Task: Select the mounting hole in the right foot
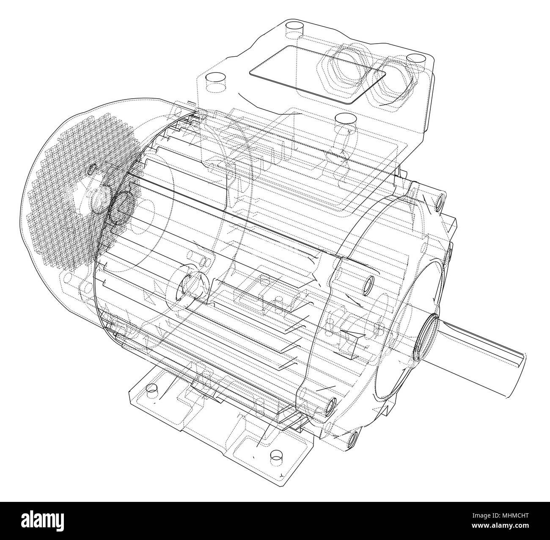pos(275,453)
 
